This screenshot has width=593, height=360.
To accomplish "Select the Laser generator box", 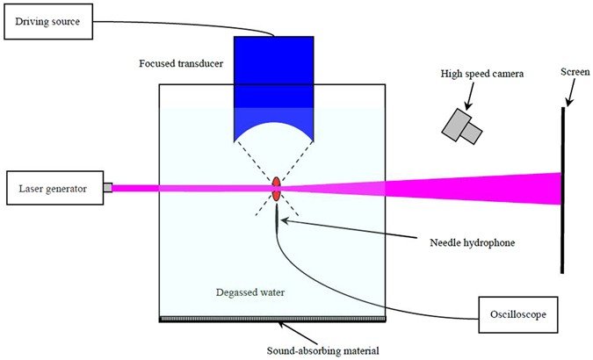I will pos(54,188).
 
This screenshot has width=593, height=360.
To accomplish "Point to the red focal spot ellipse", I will pos(277,187).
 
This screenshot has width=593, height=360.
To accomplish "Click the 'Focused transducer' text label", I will pos(179,63).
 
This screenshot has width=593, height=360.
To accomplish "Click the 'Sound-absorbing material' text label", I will pos(323,351).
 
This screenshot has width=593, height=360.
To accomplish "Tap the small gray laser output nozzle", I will pos(107,187).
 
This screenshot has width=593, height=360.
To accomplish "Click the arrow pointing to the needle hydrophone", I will pos(334,230).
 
